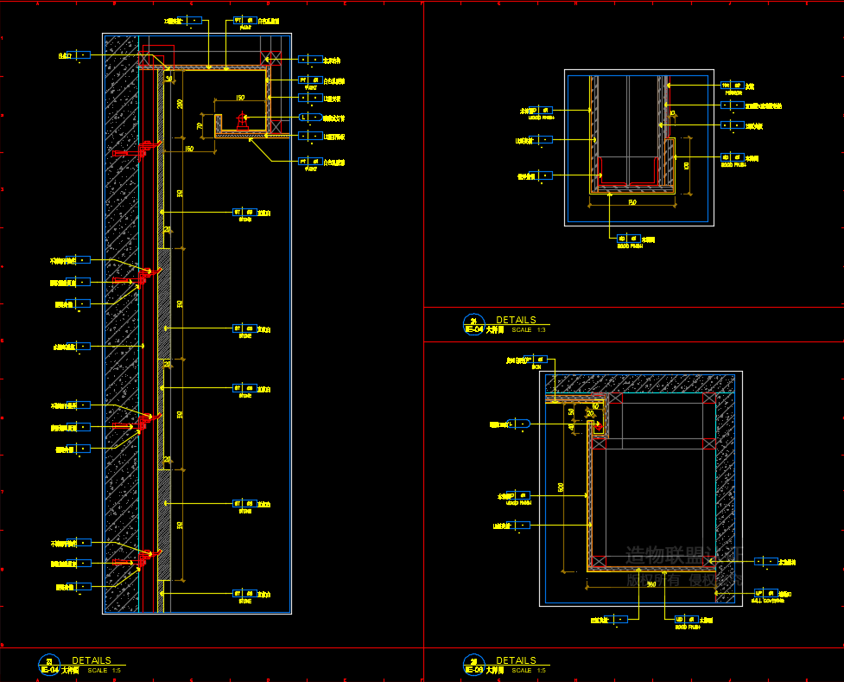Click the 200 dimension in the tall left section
(180, 104)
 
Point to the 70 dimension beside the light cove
(200, 126)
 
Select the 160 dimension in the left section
(188, 150)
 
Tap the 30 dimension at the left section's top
(169, 79)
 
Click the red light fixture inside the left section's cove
(244, 122)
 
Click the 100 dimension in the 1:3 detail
(687, 164)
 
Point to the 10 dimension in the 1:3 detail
(672, 113)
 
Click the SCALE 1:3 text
(529, 330)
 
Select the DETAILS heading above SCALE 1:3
(516, 320)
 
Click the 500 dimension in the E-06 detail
(562, 488)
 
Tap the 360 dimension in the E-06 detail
(651, 584)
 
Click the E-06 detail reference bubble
(473, 664)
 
